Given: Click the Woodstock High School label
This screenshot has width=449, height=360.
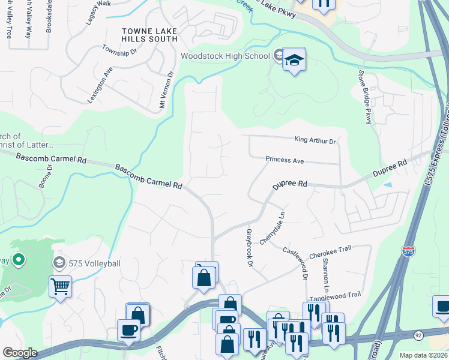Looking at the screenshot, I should click(225, 56).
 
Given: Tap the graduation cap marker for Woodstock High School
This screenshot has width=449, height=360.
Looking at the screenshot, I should click(294, 60).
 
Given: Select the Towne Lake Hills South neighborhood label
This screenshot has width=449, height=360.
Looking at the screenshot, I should click(149, 35).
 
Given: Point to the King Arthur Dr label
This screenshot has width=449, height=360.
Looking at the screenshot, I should click(315, 140).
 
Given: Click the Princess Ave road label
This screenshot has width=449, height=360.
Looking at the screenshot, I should click(285, 160).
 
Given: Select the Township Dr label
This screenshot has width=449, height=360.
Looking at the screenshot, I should click(119, 52).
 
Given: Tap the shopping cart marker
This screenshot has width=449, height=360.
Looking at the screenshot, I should click(60, 286).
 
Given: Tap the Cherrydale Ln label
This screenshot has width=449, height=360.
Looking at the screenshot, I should click(272, 227).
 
